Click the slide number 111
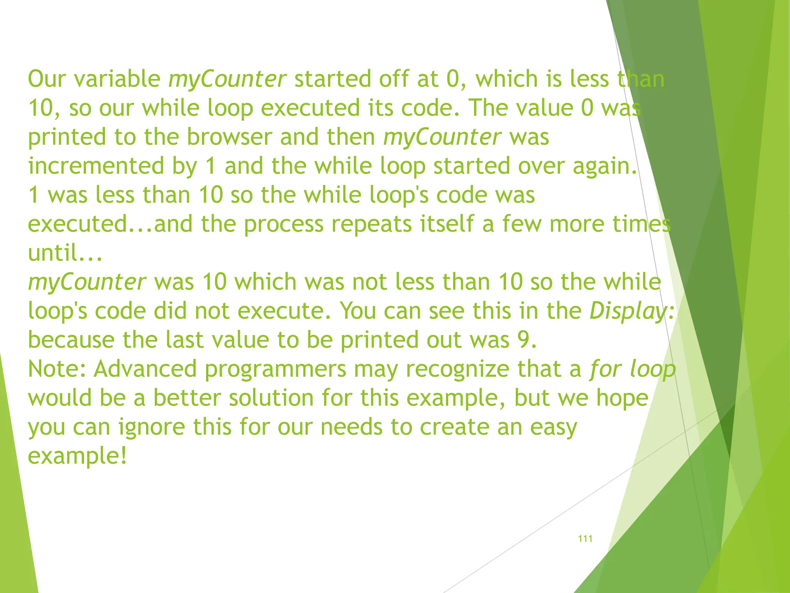[585, 539]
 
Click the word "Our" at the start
[47, 79]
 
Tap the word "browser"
[230, 137]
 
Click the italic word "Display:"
[632, 311]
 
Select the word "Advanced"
[145, 369]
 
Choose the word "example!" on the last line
[77, 456]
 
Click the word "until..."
[65, 253]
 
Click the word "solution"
[271, 398]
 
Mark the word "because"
[71, 340]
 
